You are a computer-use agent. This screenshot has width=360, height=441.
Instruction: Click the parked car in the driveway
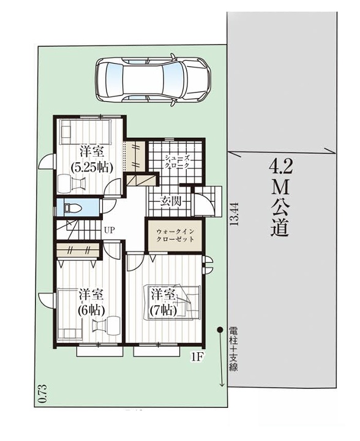click(153, 80)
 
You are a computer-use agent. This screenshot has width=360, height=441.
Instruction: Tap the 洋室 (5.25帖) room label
click(92, 159)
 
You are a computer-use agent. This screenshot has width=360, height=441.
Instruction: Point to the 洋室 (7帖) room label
click(163, 302)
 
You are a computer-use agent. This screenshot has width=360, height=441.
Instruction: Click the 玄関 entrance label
click(170, 201)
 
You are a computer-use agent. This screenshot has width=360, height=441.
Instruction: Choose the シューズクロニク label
click(177, 161)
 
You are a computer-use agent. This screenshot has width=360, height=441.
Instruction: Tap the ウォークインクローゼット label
click(175, 236)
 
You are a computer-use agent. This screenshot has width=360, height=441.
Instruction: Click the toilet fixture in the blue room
click(72, 208)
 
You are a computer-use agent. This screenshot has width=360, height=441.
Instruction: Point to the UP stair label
click(110, 230)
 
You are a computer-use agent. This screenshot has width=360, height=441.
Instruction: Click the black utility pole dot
click(220, 330)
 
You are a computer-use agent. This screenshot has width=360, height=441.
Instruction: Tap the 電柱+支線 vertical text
click(233, 349)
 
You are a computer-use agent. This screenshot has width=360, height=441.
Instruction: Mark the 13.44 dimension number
click(234, 214)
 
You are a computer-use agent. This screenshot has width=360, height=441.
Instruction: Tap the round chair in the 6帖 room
click(113, 325)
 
